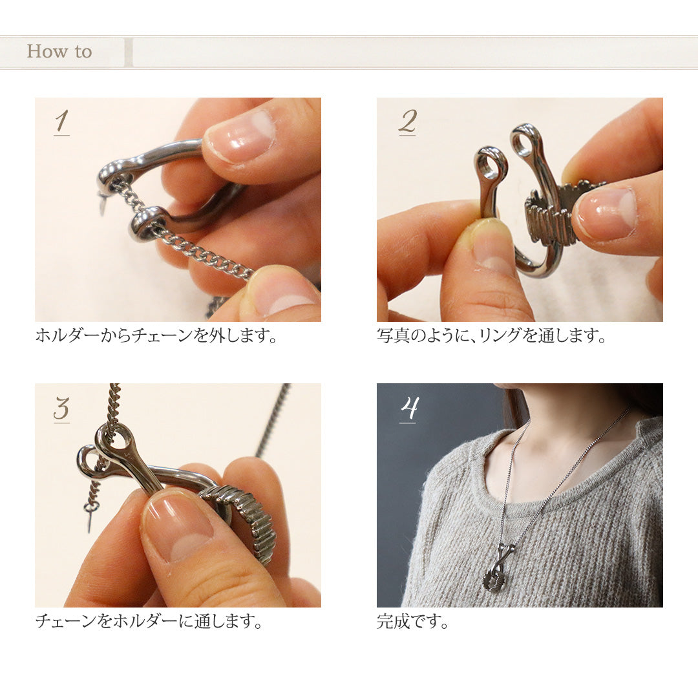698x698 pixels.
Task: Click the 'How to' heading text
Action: point(59,51)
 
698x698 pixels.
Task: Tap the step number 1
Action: point(62,122)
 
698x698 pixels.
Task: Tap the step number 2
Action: point(407,122)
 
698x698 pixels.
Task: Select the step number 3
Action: point(62,408)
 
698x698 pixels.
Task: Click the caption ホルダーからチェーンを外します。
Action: point(156,335)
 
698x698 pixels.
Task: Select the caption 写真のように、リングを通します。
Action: point(491,335)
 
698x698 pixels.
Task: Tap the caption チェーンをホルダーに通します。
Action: point(149,620)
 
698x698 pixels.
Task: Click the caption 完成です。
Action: point(412,621)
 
